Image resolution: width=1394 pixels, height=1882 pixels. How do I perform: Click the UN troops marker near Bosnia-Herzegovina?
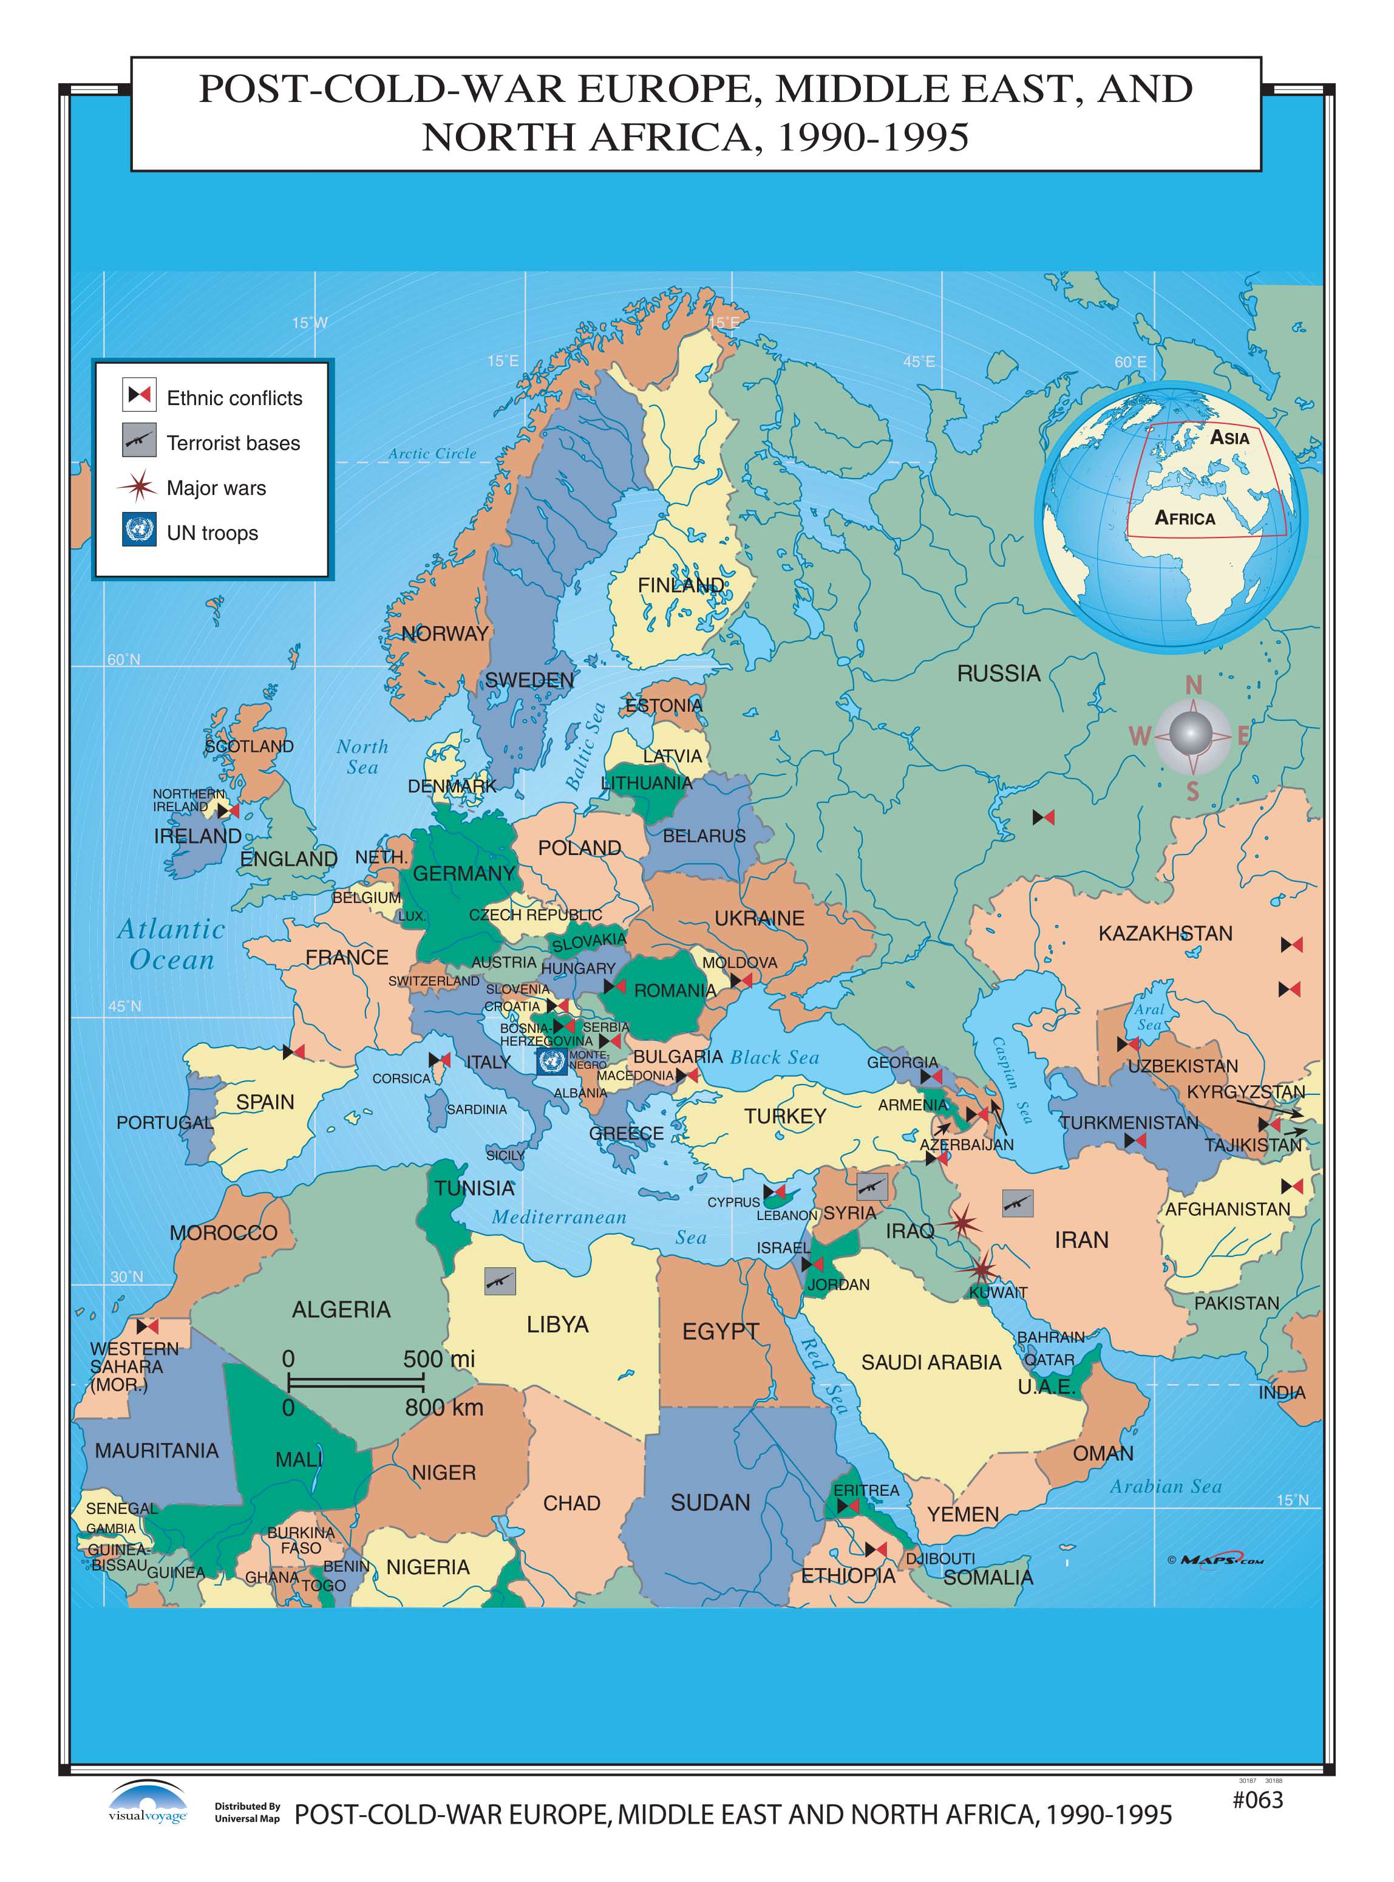tap(551, 1062)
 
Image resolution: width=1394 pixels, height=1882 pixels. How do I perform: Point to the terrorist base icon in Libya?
tap(500, 1281)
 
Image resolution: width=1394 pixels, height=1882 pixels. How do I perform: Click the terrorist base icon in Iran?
tap(1018, 1202)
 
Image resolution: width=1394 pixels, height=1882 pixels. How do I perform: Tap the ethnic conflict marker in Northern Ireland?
tap(228, 810)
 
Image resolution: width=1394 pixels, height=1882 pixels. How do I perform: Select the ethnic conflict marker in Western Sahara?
tap(148, 1327)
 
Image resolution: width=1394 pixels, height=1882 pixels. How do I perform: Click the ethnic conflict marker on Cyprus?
tap(773, 1193)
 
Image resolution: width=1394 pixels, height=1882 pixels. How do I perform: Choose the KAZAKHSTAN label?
tap(1164, 933)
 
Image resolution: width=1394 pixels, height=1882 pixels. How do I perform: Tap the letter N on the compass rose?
tap(1193, 685)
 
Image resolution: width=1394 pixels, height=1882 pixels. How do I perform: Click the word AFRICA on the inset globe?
tap(1185, 518)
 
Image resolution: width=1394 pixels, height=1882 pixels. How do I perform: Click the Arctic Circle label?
tap(432, 454)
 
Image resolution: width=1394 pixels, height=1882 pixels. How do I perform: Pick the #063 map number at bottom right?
tap(1257, 1799)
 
